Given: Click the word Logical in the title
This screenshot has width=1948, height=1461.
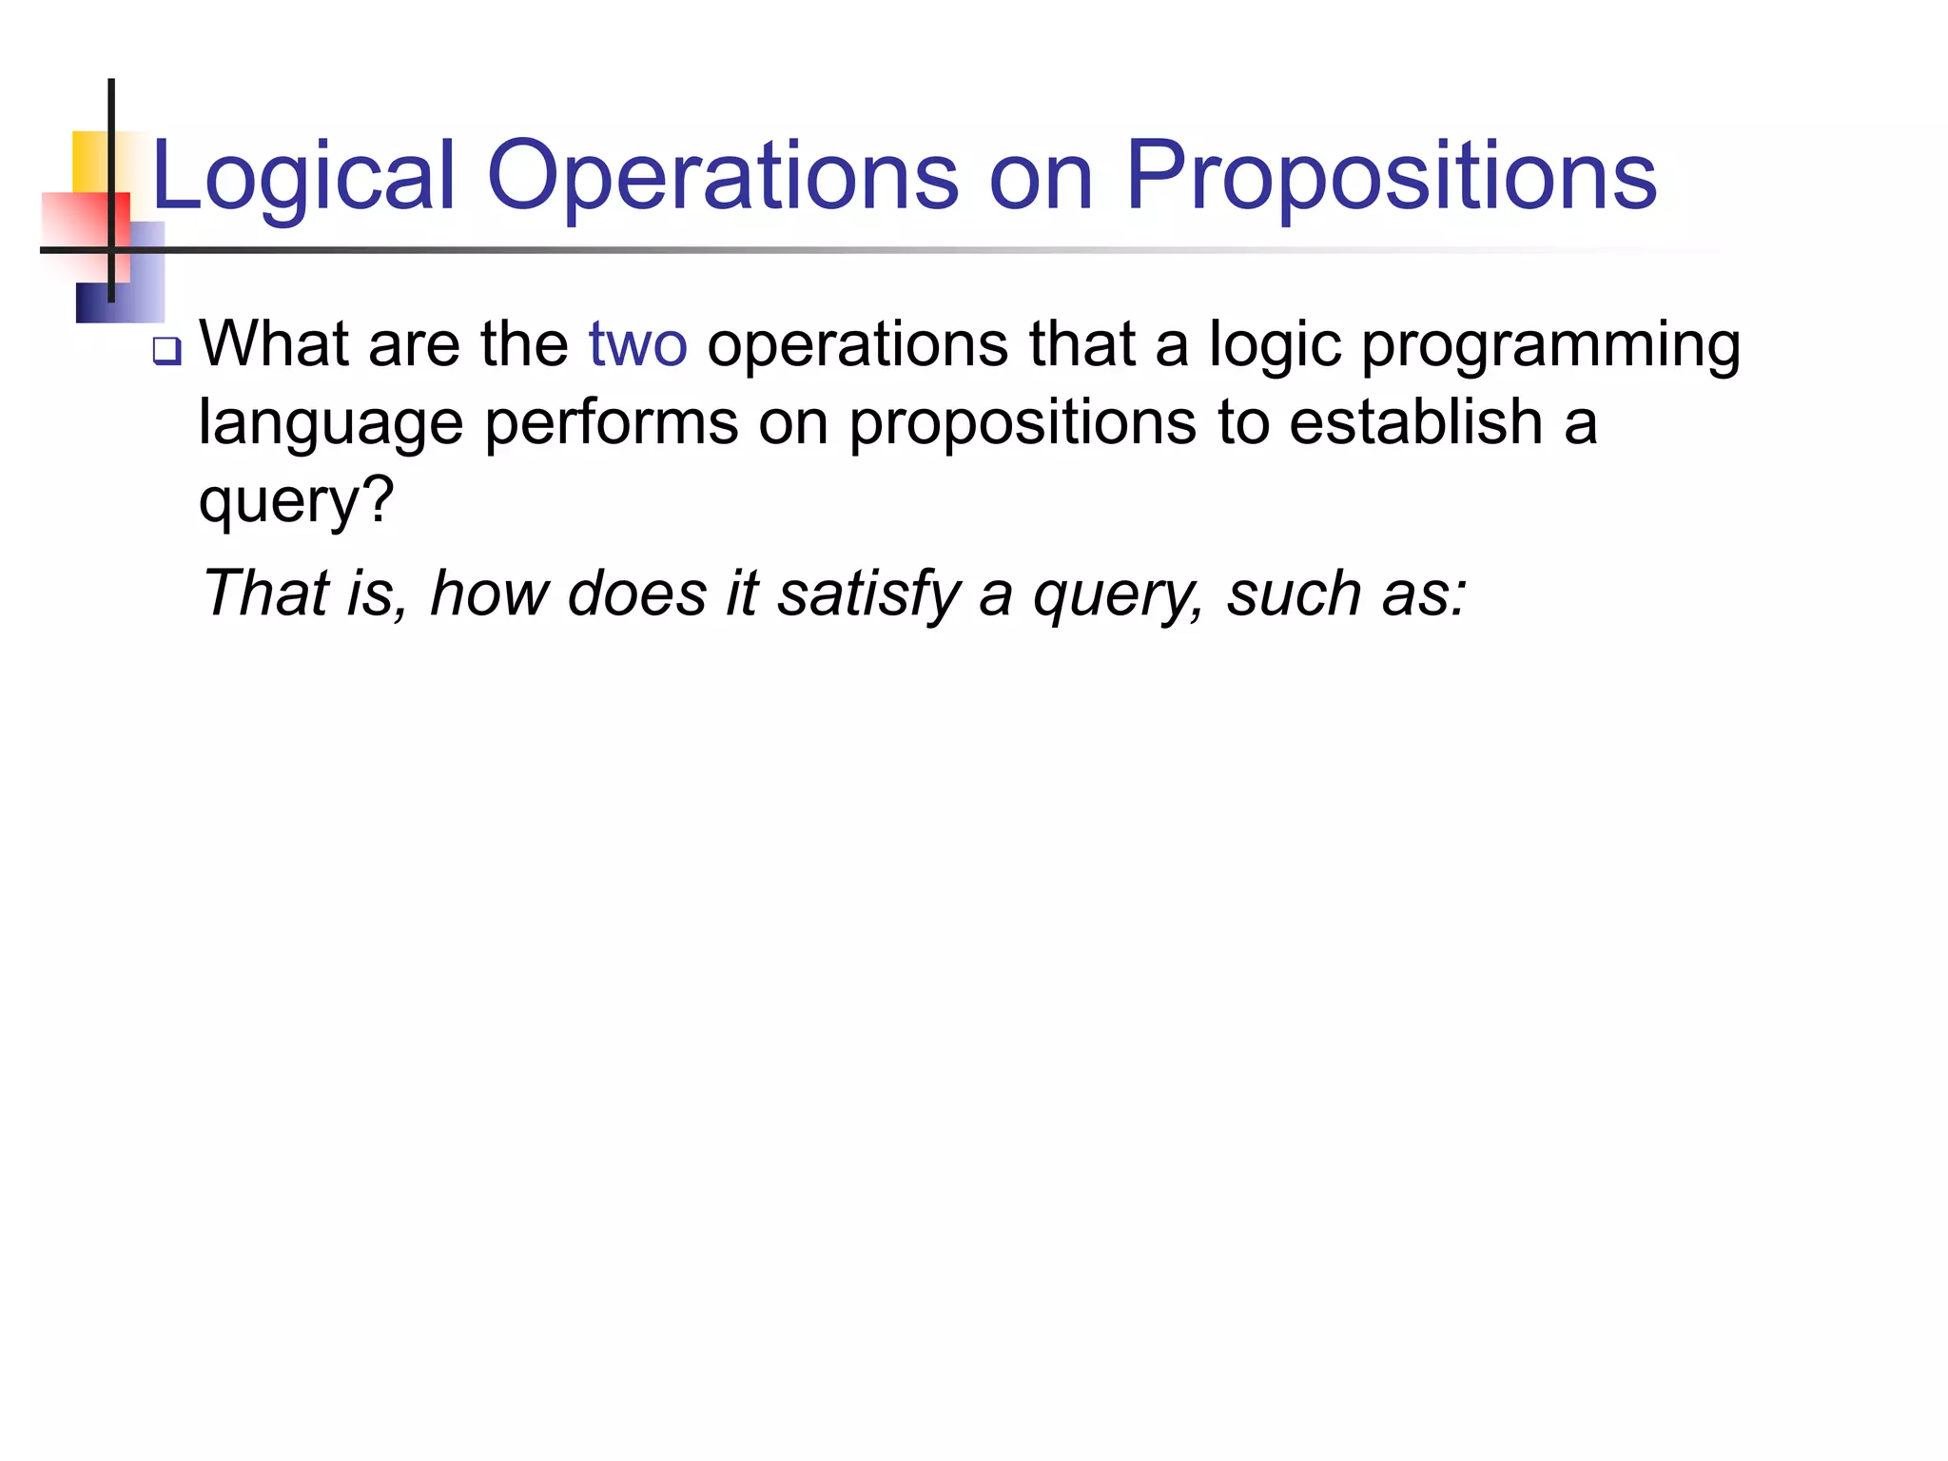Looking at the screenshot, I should click(x=302, y=177).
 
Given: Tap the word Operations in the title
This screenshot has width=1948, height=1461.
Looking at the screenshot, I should click(x=723, y=177).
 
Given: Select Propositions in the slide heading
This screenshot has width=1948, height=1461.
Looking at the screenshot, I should click(x=1391, y=177).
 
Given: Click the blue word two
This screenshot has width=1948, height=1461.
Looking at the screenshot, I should click(x=637, y=344).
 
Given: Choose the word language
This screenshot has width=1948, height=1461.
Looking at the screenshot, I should click(x=330, y=424).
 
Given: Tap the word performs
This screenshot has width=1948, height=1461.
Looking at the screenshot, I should click(x=611, y=422).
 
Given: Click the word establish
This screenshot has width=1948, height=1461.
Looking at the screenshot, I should click(x=1415, y=422).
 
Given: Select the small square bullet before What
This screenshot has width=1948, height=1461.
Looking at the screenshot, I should click(x=166, y=352).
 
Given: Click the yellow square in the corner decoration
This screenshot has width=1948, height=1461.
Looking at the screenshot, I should click(x=90, y=160).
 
